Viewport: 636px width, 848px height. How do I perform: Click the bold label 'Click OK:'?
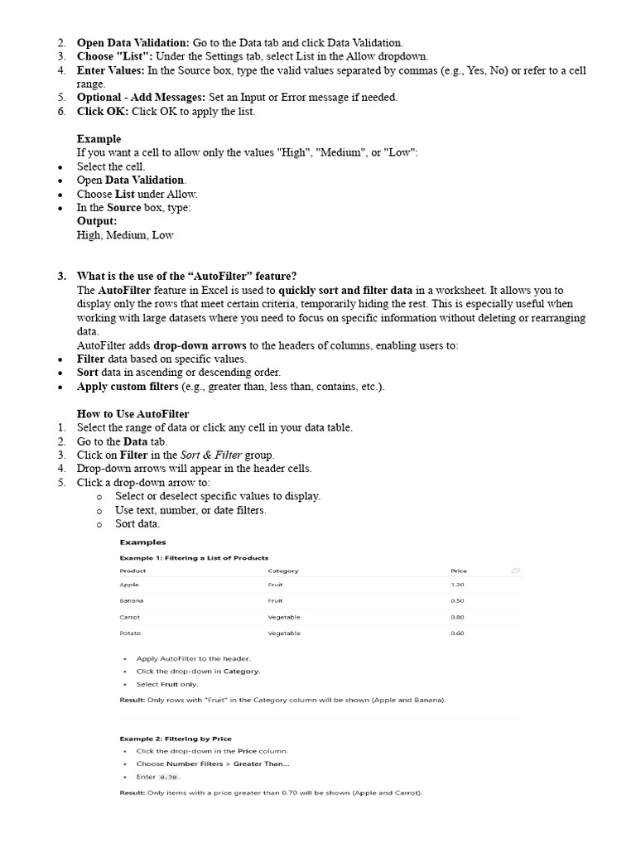tap(104, 111)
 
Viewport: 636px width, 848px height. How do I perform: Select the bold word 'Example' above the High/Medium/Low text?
tap(99, 139)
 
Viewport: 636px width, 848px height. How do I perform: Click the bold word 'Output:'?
tap(97, 221)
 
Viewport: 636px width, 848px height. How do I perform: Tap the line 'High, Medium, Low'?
tap(125, 235)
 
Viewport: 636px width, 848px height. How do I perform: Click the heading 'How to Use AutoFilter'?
tap(132, 414)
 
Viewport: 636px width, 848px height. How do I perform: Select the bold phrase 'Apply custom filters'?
tap(128, 387)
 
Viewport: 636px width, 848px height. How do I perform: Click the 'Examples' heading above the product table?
tap(142, 542)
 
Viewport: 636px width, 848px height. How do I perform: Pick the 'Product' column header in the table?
tap(132, 571)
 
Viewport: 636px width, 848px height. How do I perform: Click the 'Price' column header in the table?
tap(459, 571)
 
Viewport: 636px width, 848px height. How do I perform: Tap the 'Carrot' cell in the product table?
tap(129, 617)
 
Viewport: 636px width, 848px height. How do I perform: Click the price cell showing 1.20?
tap(457, 585)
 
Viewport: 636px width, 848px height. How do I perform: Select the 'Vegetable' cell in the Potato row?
tap(284, 634)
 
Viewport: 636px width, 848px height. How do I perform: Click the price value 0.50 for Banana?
tap(457, 600)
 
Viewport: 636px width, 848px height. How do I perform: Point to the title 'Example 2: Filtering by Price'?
tap(176, 738)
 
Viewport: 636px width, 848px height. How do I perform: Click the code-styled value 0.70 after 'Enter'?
tap(169, 777)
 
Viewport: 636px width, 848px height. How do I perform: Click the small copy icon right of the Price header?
tap(515, 571)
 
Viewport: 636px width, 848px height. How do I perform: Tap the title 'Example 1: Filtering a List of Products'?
tap(194, 557)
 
